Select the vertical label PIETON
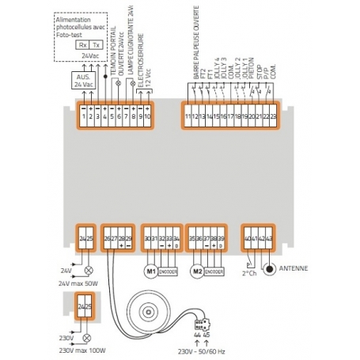coord(249,77)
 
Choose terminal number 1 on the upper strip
coord(84,116)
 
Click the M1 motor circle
coord(150,271)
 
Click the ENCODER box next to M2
coord(214,271)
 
